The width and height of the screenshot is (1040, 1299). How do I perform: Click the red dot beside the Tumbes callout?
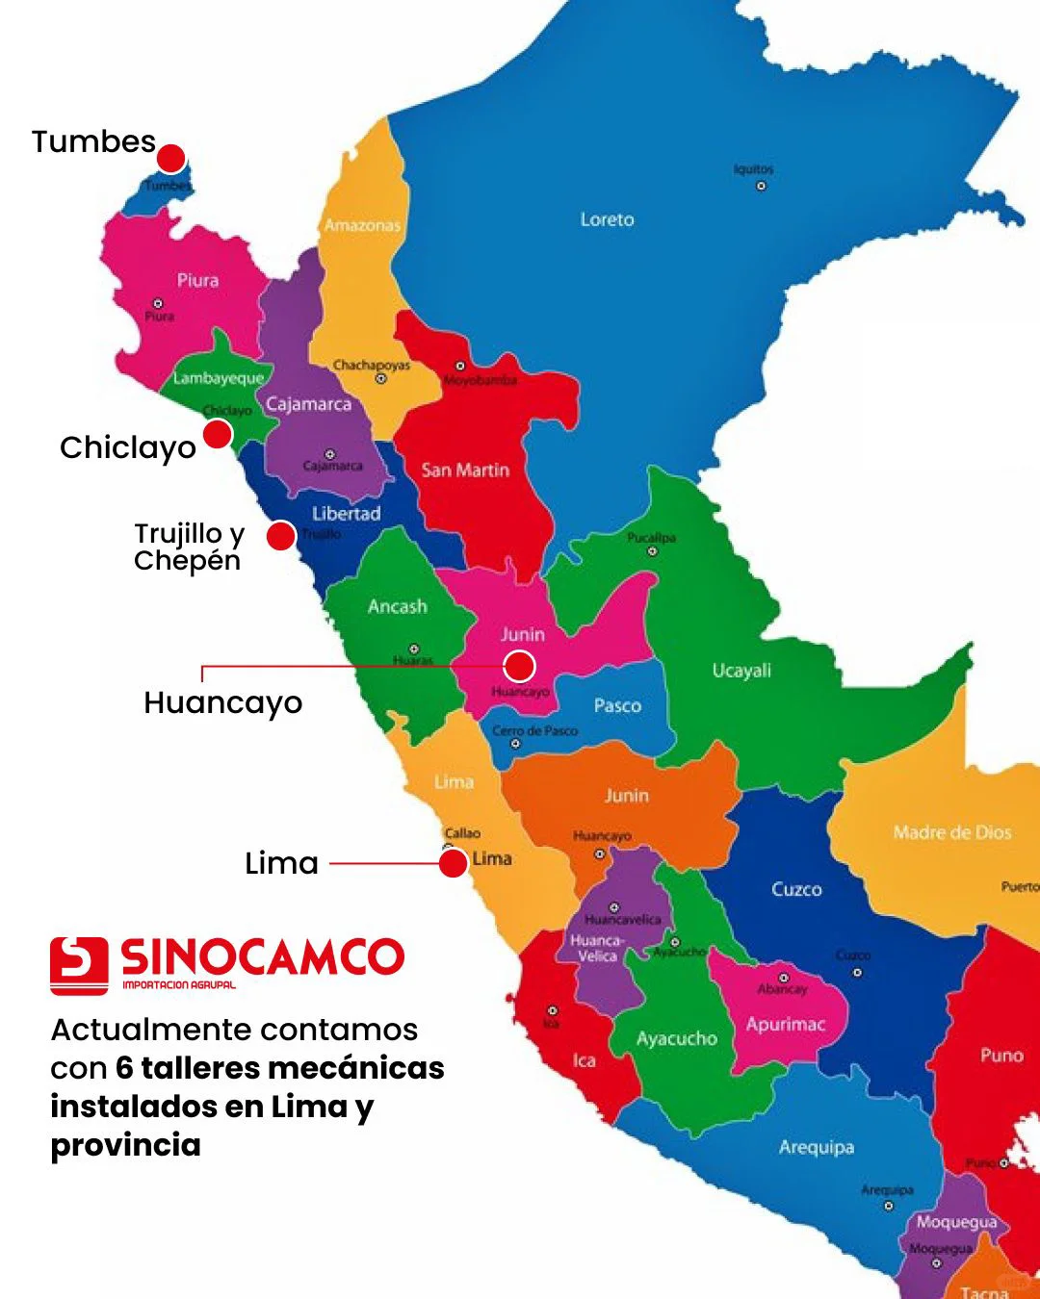point(170,158)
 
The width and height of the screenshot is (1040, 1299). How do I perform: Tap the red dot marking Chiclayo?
point(218,434)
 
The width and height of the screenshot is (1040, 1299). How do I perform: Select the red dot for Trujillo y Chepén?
point(280,536)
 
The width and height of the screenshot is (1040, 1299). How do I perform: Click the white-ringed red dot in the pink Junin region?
point(519,666)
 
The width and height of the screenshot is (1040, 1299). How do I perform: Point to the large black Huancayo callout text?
point(222,703)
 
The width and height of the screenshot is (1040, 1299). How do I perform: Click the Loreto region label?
point(607,219)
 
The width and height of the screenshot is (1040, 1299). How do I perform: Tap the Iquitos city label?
point(753,169)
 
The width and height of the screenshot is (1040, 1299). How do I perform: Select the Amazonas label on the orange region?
point(362,225)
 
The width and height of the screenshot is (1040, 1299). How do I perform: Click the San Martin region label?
point(465,470)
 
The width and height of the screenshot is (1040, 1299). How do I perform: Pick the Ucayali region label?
point(741,671)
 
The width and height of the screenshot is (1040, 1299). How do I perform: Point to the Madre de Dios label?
point(951,832)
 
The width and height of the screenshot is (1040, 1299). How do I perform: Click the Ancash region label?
point(397,606)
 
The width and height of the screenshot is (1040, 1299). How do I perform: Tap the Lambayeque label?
point(219,378)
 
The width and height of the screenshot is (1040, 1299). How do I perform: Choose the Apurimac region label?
point(786,1024)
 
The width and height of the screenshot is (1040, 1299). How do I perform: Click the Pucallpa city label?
point(651,538)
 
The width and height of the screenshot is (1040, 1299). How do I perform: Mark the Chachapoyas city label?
point(372,365)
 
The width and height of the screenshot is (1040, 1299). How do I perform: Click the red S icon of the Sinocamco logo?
point(79,965)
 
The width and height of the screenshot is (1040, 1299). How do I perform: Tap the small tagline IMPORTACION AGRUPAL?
point(179,984)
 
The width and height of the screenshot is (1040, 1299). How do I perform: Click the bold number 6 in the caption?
point(124,1068)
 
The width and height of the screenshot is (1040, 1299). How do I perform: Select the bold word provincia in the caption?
point(126,1145)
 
